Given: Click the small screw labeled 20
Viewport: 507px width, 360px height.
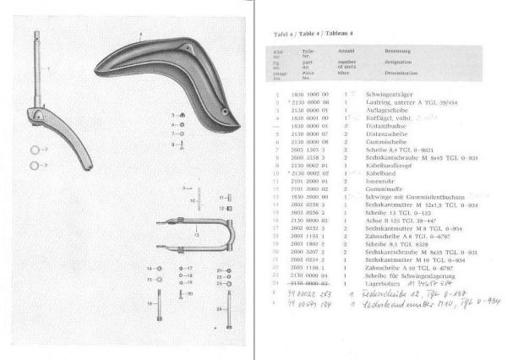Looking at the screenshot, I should pos(183,293).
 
